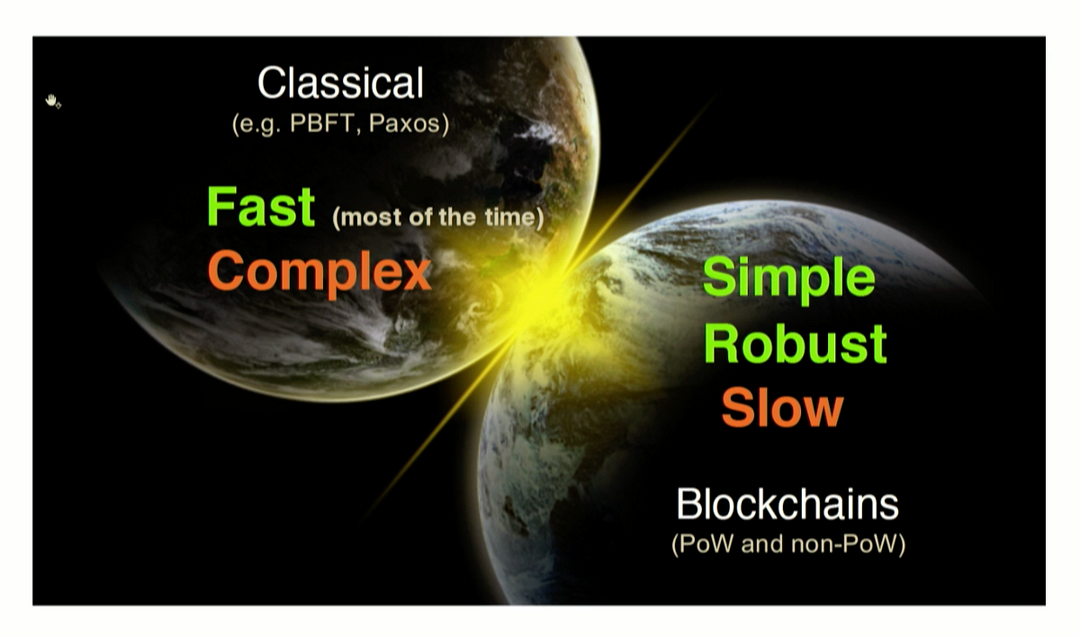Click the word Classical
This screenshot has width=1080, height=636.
click(341, 83)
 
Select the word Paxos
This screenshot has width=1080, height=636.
click(404, 123)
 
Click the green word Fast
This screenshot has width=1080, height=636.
click(261, 206)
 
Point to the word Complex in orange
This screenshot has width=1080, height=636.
click(319, 273)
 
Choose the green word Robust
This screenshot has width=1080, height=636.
click(795, 344)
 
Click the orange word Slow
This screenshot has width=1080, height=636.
click(782, 408)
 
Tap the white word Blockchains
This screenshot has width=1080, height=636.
click(787, 504)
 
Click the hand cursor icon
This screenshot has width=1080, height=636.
click(52, 101)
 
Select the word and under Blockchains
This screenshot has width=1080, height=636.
click(761, 543)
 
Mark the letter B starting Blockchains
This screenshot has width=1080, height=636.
click(688, 504)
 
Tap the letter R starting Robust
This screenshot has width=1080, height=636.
click(721, 343)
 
